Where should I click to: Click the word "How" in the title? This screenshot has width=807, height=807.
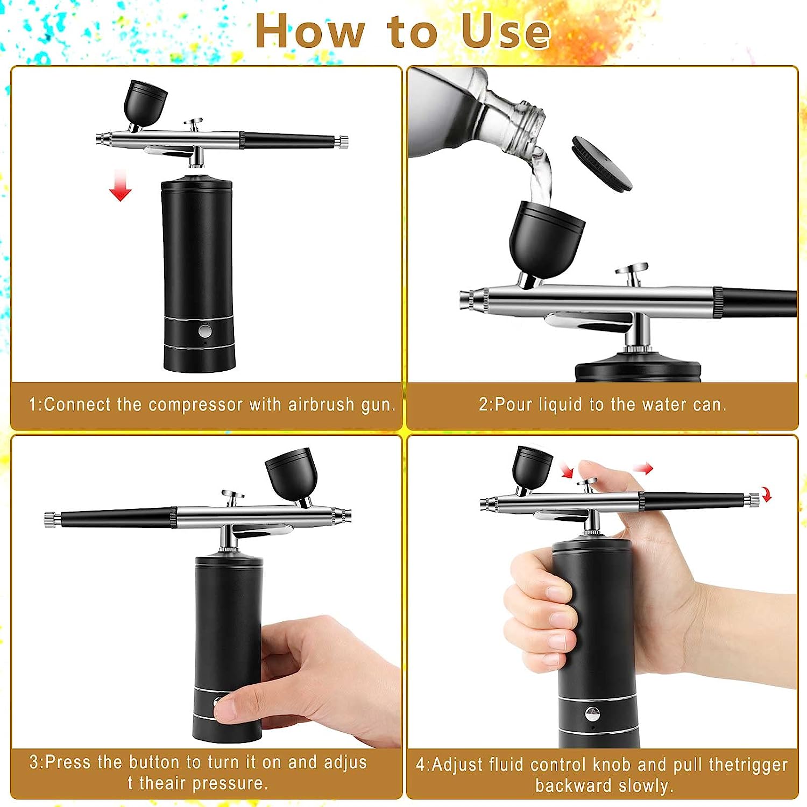click(310, 31)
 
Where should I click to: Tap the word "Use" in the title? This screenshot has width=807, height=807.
click(505, 31)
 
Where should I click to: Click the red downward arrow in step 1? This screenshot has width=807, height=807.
click(120, 186)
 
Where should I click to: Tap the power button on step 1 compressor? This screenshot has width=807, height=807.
click(204, 330)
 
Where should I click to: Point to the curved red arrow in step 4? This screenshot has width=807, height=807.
click(766, 495)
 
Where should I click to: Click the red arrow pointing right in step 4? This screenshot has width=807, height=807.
click(643, 469)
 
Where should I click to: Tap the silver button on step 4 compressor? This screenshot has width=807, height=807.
click(592, 714)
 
